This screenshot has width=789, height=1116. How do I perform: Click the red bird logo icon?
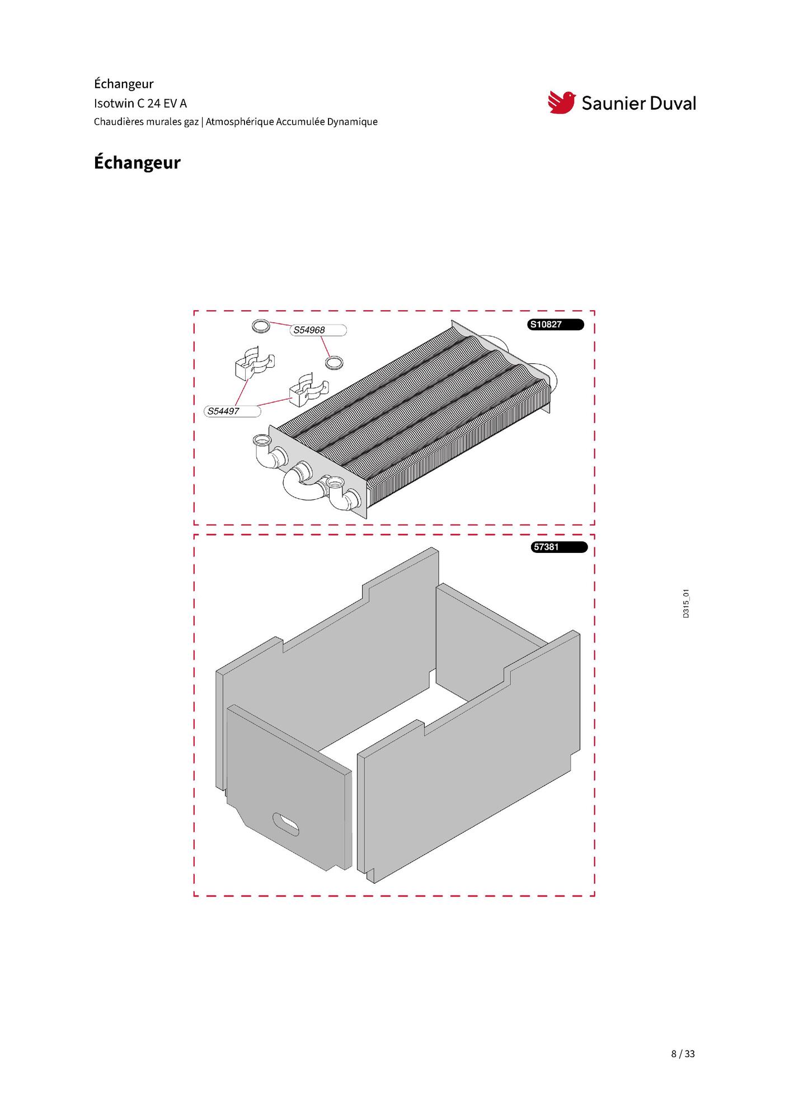coord(561,102)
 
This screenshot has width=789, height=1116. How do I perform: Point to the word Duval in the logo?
coord(670,103)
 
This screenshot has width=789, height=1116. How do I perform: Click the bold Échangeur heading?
coord(137,162)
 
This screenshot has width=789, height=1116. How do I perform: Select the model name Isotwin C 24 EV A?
coord(140,104)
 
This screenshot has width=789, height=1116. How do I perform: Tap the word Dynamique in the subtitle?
coord(352,122)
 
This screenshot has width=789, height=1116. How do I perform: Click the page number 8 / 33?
coord(683,1054)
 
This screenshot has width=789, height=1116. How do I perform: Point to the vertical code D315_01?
coord(686,603)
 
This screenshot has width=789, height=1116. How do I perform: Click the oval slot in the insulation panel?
coord(285,824)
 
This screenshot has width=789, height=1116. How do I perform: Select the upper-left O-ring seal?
coord(260,325)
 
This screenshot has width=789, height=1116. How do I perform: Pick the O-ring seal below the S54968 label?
coord(334,363)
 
